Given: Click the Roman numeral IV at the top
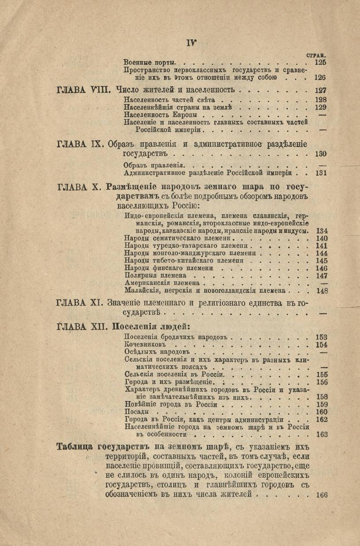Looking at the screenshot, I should [x=190, y=43].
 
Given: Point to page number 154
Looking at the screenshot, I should [x=322, y=344].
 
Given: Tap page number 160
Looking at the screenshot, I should [x=322, y=411].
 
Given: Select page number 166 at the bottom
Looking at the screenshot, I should [x=322, y=495].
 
